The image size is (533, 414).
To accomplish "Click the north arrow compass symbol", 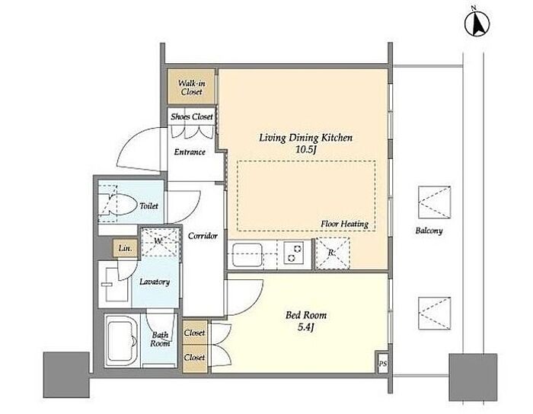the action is point(477,23).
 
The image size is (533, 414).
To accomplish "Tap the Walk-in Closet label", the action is point(192,88).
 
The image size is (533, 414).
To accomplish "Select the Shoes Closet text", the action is point(192,116).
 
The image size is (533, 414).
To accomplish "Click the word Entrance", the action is point(190,151).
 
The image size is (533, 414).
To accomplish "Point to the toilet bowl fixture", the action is point(116,204).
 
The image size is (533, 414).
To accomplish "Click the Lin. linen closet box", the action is point(126,248).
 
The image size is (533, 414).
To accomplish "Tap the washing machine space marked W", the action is point(160,242).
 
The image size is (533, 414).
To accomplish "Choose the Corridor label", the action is point(203,236).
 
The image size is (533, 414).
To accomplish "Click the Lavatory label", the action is point(155,282).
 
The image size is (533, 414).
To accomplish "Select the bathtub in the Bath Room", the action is point(122,340).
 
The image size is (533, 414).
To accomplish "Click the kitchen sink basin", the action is point(247,255).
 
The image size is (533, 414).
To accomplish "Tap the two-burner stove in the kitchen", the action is point(294,253).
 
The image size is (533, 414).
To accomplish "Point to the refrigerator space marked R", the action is point(333,253).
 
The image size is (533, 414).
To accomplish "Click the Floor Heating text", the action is point(344,224).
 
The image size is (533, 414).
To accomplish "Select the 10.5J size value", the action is point(306,149).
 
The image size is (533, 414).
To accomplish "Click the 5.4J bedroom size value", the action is point(306,327).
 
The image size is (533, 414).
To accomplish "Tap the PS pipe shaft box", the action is point(383,364).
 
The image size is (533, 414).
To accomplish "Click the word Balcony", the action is point(429,231).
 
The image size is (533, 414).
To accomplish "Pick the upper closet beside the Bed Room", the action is point(195,333).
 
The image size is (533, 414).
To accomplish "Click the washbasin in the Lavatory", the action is point(114,284).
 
